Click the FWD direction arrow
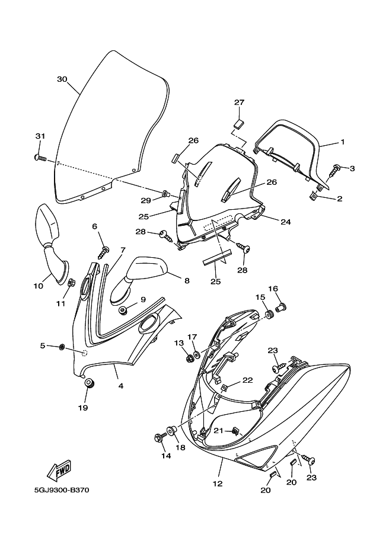(x=60, y=471)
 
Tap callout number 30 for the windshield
(x=62, y=79)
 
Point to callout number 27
(x=239, y=103)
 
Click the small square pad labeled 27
(x=239, y=123)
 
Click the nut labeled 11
(x=71, y=282)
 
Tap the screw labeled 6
(x=105, y=252)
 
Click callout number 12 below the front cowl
(x=218, y=483)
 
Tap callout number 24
(x=286, y=222)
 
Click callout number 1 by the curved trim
(x=342, y=143)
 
